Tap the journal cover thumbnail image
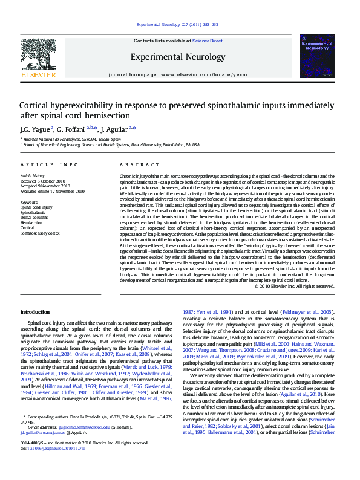317,56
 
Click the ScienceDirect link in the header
207,41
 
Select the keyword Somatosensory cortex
41,232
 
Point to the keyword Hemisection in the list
31,222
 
